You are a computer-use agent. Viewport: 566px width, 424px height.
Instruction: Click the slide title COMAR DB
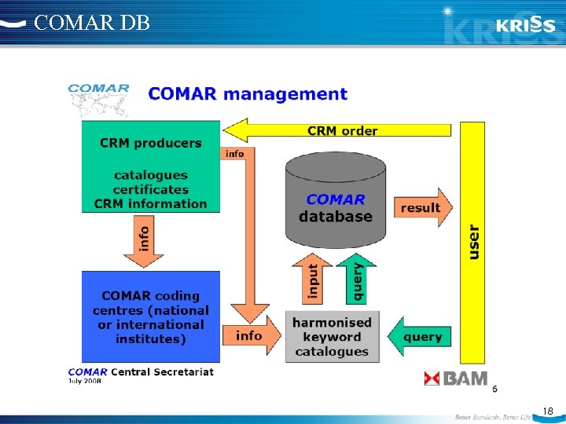coord(92,23)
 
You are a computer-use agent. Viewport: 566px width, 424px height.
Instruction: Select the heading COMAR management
coord(248,94)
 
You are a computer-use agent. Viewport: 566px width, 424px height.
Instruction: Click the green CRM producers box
coord(151,166)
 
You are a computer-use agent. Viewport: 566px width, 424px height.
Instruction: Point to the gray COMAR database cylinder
coord(336,201)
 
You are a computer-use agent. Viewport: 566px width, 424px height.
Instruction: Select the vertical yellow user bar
coord(472,241)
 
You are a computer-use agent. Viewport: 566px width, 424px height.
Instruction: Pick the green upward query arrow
coord(357,278)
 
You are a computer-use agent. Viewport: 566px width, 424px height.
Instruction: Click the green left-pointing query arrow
coord(420,337)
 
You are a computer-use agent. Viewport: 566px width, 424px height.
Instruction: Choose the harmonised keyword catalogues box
coord(332,337)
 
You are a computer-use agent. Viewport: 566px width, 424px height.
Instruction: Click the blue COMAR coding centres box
coord(151,316)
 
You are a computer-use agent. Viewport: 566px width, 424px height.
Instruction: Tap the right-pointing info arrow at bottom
coord(252,335)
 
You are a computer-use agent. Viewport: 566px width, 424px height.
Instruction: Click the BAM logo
coord(456,379)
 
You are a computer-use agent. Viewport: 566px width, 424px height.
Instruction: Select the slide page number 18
coord(547,410)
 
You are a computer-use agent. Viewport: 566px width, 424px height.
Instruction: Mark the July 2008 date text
coord(86,381)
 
